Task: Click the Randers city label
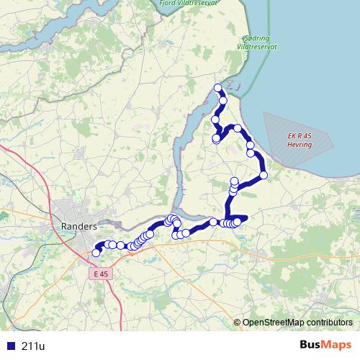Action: pos(79,226)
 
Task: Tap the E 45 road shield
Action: pos(102,274)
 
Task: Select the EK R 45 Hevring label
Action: pos(300,140)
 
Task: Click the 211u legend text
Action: pos(34,346)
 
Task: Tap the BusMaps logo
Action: pos(325,346)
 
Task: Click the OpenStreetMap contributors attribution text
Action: pos(297,322)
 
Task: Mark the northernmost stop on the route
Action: pos(218,88)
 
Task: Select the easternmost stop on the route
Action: pos(264,175)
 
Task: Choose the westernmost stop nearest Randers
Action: pos(96,253)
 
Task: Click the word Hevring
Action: pos(300,145)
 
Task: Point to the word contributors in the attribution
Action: pos(328,322)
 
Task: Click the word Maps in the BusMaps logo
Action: pos(336,346)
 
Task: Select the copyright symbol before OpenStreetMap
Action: pos(238,322)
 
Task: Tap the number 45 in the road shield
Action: pos(106,274)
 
